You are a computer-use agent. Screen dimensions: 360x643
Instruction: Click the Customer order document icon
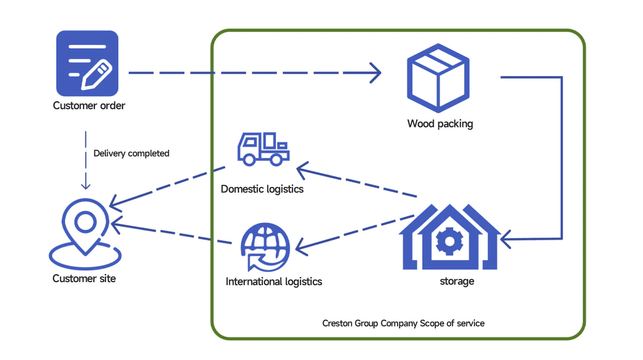[x=87, y=63]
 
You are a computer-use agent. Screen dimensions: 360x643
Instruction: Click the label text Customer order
[x=89, y=106]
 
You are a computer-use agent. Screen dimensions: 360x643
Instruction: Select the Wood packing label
[x=440, y=124]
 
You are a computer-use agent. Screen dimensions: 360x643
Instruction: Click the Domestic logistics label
[x=262, y=190]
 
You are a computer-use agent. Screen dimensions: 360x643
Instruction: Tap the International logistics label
[x=273, y=282]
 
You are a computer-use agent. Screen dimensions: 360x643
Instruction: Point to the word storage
[x=456, y=281]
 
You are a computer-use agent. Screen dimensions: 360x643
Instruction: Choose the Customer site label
[x=84, y=279]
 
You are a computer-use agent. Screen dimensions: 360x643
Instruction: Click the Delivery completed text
[x=131, y=153]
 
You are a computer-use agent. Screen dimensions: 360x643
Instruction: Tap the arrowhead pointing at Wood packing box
[x=377, y=73]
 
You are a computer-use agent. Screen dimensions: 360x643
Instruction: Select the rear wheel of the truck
[x=275, y=159]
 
